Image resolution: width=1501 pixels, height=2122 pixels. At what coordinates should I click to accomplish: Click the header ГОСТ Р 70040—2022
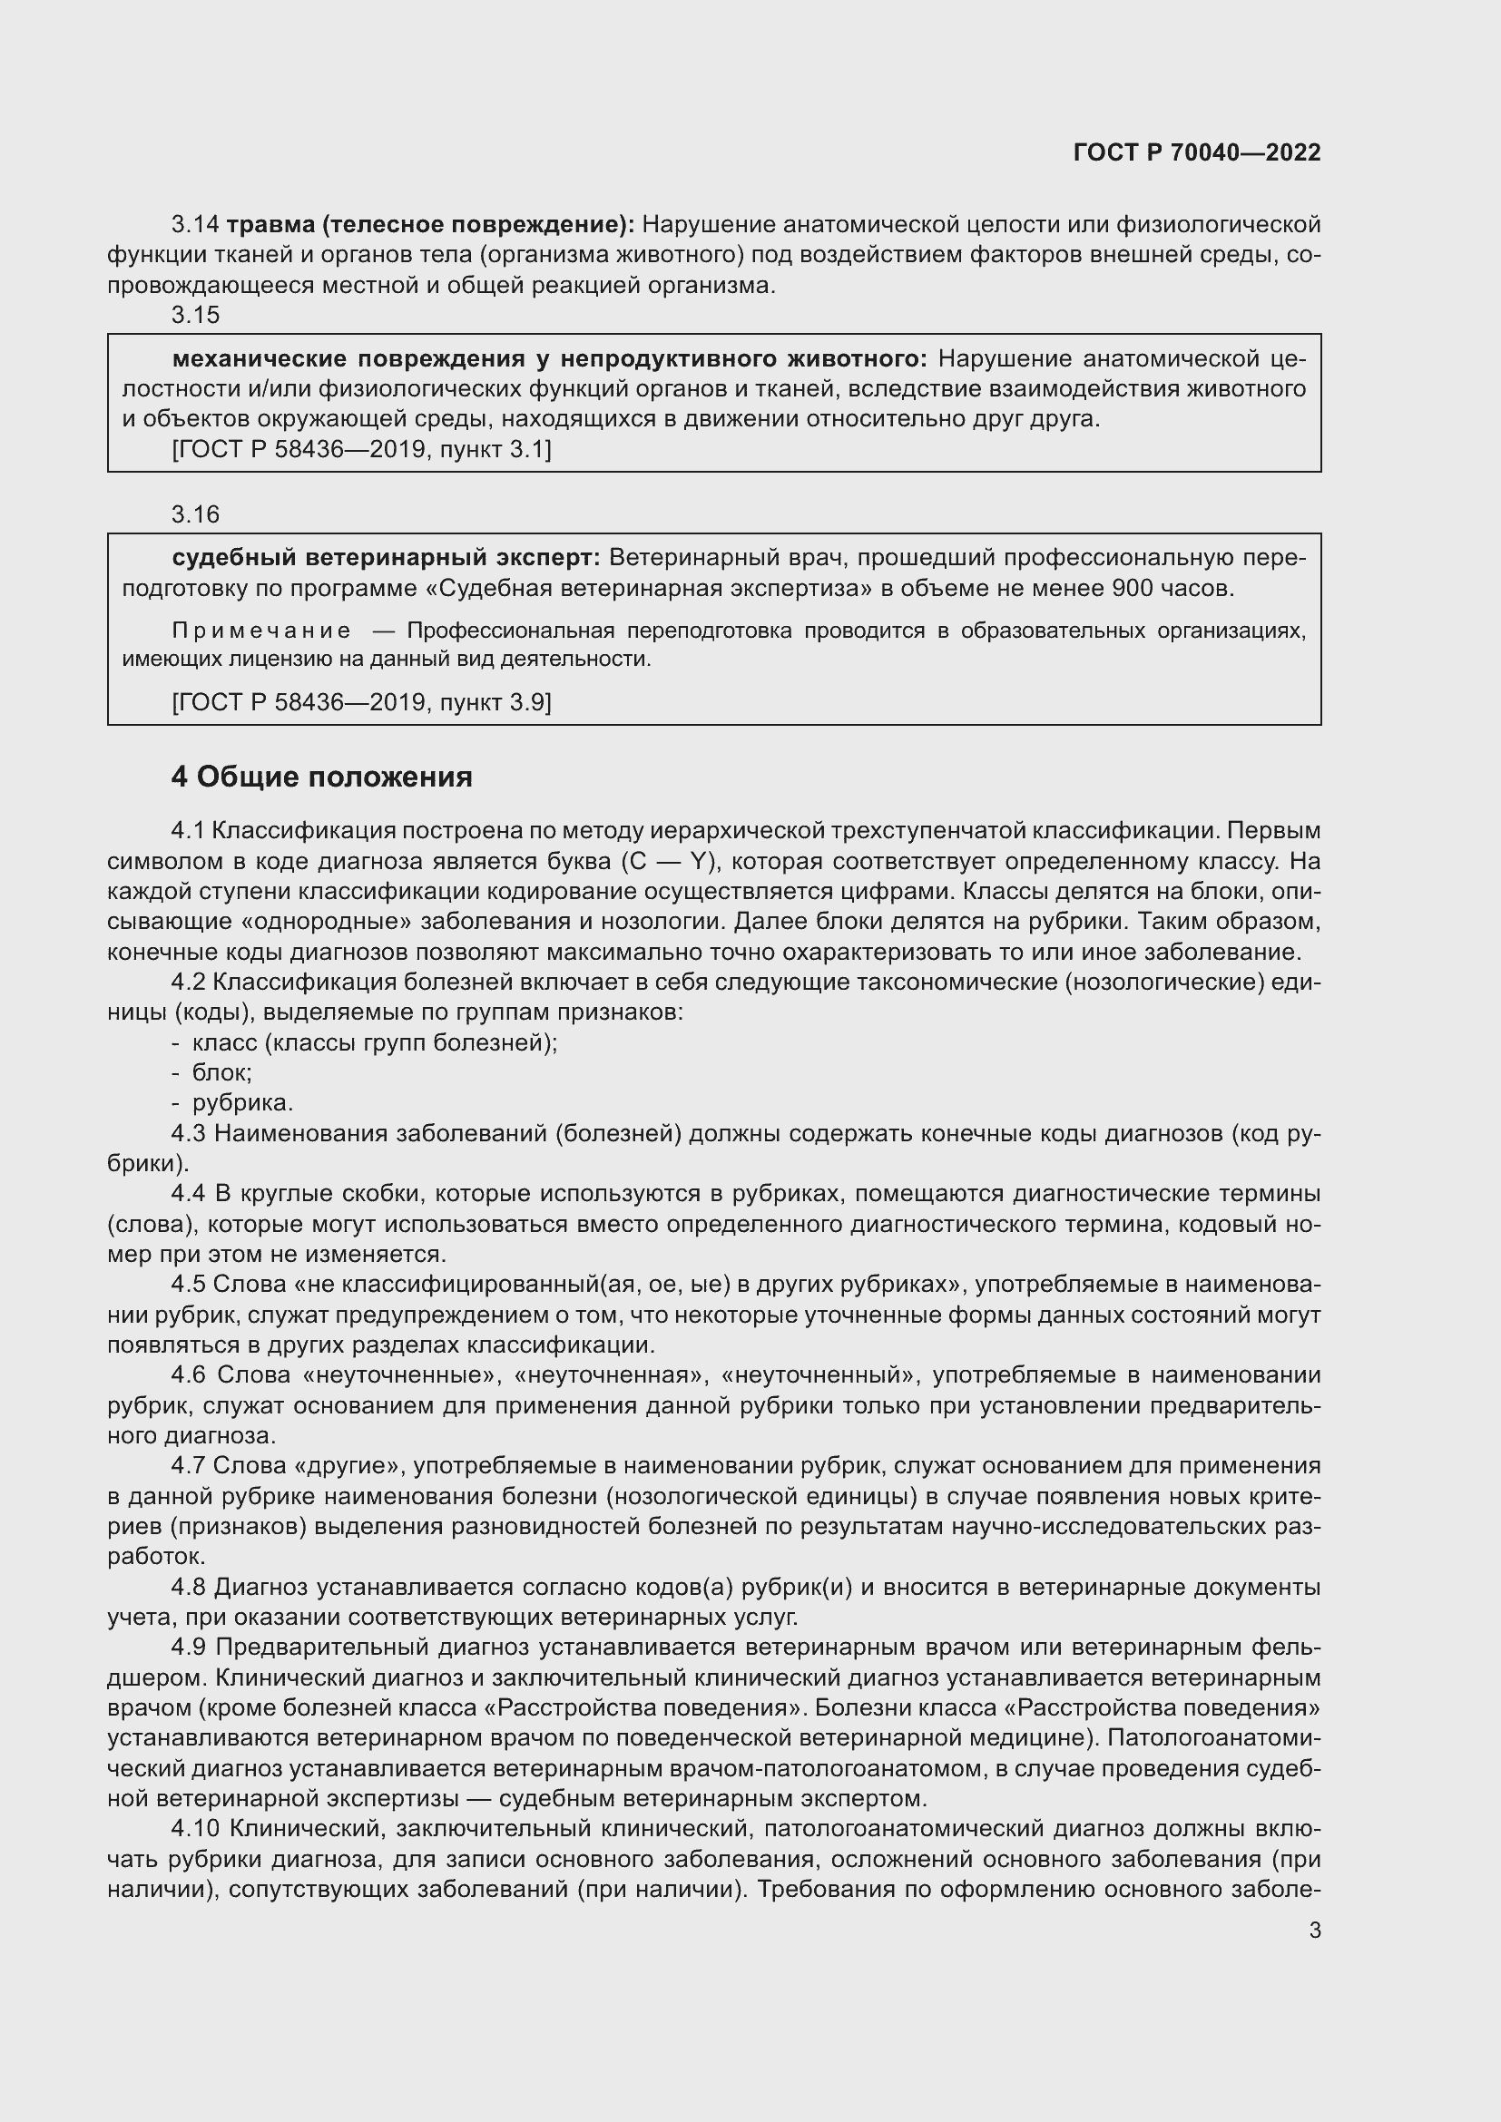click(x=1197, y=152)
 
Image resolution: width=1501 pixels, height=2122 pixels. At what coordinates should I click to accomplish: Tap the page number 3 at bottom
click(x=1314, y=1930)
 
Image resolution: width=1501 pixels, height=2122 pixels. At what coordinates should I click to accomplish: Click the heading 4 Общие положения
click(x=320, y=777)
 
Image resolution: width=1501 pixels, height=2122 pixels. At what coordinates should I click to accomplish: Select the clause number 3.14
click(x=195, y=225)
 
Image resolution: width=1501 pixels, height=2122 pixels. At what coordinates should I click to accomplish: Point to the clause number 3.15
click(x=195, y=315)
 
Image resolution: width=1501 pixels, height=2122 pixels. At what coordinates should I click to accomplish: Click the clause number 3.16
click(x=195, y=513)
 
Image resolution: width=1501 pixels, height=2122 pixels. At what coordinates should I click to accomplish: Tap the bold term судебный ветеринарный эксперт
click(x=386, y=557)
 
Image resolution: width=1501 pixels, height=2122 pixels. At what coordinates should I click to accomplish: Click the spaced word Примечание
click(x=261, y=631)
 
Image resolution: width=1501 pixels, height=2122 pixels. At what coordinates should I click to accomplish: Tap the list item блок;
click(x=221, y=1073)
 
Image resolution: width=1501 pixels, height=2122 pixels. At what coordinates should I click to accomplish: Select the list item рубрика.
click(x=242, y=1102)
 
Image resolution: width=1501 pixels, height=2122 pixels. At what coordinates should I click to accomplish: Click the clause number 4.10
click(x=195, y=1828)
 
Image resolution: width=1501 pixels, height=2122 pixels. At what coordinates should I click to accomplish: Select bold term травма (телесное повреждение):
click(x=430, y=225)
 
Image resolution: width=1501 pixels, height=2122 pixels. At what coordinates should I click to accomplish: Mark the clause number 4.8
click(x=189, y=1587)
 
